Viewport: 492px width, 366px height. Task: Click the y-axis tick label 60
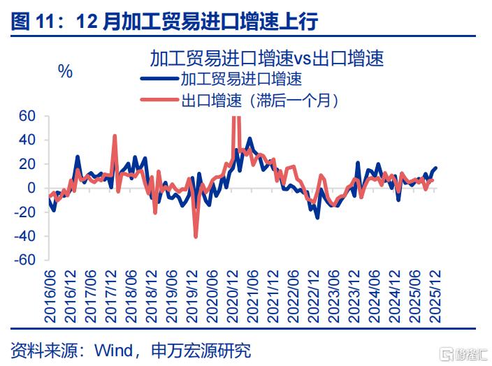[x=27, y=116]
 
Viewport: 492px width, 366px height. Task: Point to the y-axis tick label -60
[x=24, y=260]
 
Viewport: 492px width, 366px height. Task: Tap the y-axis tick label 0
[x=31, y=188]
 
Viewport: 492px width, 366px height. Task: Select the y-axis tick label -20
[x=24, y=212]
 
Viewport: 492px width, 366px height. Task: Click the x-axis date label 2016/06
[x=50, y=296]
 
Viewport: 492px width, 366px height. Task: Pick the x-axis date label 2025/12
[x=435, y=296]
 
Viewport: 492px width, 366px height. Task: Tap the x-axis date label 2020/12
[x=233, y=296]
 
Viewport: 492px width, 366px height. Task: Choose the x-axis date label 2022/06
[x=294, y=296]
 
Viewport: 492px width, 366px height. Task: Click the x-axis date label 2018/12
[x=152, y=296]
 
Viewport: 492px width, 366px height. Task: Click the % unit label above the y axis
[x=65, y=72]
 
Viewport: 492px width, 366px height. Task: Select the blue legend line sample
[x=160, y=78]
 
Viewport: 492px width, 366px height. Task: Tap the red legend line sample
[x=160, y=100]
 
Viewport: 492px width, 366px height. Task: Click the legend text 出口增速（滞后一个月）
[x=260, y=101]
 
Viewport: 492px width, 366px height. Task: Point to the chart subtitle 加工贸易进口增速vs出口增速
[x=267, y=59]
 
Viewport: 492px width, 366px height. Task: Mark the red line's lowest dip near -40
[x=196, y=237]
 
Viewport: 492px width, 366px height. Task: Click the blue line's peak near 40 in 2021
[x=249, y=138]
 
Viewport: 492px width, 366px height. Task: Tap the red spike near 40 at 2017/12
[x=115, y=136]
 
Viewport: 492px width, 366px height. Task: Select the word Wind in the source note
[x=114, y=350]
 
